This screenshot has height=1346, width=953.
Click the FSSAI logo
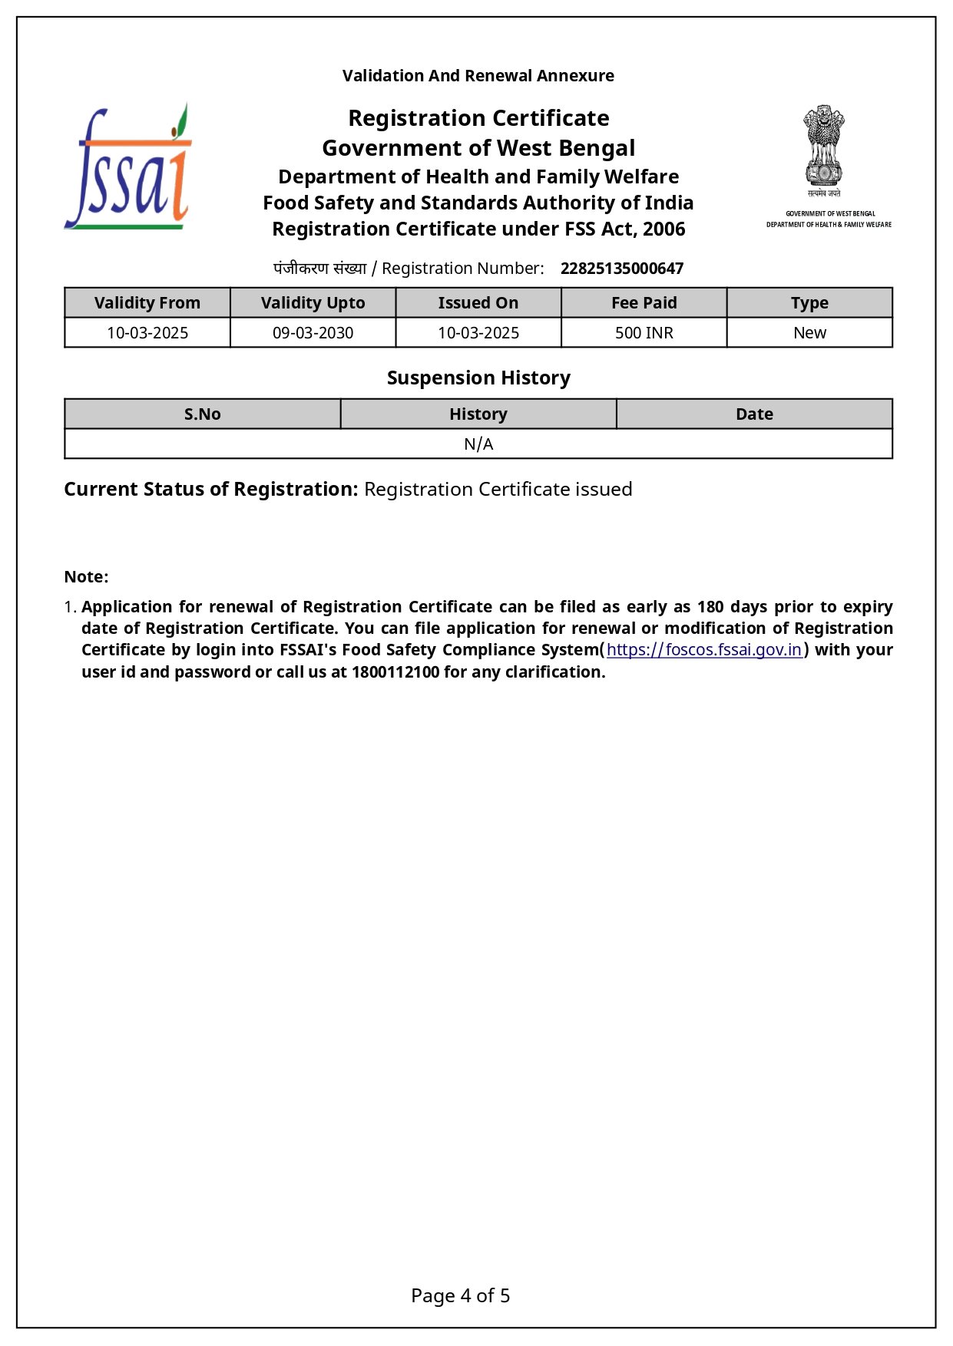coord(128,167)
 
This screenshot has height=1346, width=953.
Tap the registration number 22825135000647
coord(621,269)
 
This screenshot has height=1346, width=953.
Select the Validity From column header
coord(147,303)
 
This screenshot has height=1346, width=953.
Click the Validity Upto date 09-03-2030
coord(313,333)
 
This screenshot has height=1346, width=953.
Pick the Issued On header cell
coord(478,303)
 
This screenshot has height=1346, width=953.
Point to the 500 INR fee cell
coord(644,333)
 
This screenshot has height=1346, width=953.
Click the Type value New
coord(809,333)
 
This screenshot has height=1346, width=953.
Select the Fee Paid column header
coord(644,303)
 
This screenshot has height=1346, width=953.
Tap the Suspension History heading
coord(478,378)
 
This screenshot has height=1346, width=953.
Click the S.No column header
coord(203,414)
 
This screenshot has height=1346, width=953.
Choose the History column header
coord(478,414)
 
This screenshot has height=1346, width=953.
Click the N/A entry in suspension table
coord(478,444)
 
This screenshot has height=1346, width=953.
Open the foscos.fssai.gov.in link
coord(704,650)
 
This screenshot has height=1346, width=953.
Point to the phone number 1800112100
coord(395,672)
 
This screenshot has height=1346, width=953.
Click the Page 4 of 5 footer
coord(460,1296)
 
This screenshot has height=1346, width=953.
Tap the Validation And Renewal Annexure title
coord(478,76)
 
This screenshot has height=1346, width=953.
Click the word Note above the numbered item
coord(84,577)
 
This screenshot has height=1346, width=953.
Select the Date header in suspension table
coord(754,414)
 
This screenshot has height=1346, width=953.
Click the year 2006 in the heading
coord(664,229)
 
